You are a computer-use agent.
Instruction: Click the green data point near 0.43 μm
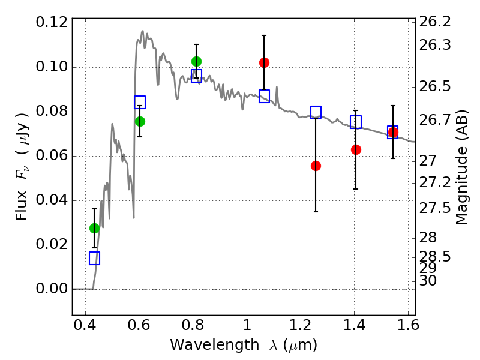point(94,228)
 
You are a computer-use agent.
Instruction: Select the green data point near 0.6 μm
point(140,121)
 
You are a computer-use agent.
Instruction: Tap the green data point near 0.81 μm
point(196,61)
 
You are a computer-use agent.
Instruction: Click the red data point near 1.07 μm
point(264,62)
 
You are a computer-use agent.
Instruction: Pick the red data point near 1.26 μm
point(316,166)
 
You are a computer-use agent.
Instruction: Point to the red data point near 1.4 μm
point(356,149)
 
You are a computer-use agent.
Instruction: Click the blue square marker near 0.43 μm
point(94,258)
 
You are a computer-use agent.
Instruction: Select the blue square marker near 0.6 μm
point(140,102)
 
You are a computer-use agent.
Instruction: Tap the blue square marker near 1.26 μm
point(316,112)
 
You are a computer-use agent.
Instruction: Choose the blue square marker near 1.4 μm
point(356,122)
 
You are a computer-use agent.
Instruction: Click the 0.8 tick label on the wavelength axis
point(193,328)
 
